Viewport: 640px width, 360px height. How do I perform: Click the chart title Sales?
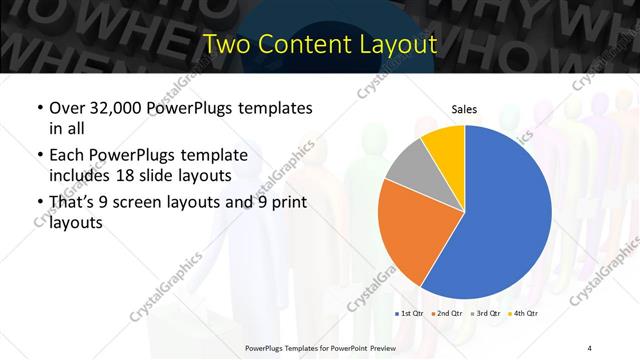coord(464,110)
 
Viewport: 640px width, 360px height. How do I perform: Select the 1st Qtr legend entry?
coord(411,314)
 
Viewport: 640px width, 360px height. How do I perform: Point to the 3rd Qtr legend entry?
coord(488,314)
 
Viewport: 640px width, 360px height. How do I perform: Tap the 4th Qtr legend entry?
coord(526,314)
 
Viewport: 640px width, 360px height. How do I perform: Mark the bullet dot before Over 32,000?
coord(38,108)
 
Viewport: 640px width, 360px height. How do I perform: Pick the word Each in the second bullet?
coord(67,155)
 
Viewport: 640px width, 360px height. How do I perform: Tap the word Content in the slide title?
coord(301,44)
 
